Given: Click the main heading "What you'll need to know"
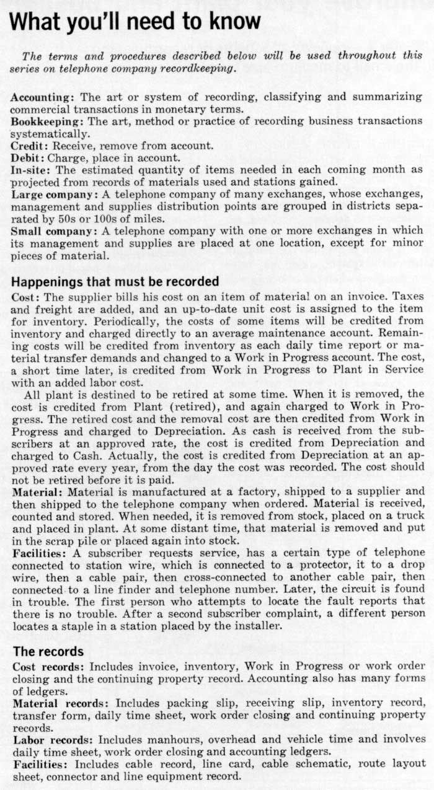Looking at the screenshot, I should pyautogui.click(x=136, y=22).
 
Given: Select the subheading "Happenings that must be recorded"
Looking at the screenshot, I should pyautogui.click(x=115, y=281).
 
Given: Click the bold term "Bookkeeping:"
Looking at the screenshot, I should pyautogui.click(x=40, y=120).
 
